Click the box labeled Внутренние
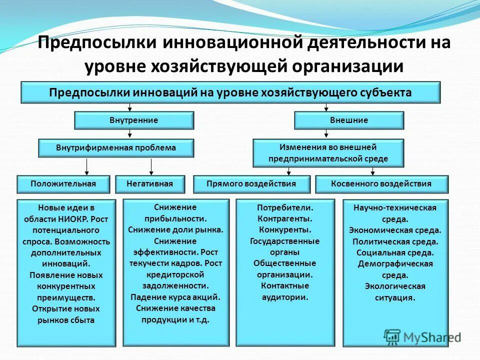[134, 120]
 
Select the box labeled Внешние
[349, 120]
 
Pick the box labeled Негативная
[150, 184]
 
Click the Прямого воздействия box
[251, 184]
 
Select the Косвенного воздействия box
[381, 184]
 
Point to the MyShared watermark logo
[422, 337]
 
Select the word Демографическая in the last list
[395, 264]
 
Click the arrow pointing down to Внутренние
[130, 107]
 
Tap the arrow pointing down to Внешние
[326, 107]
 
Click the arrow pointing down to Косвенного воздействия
[372, 170]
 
